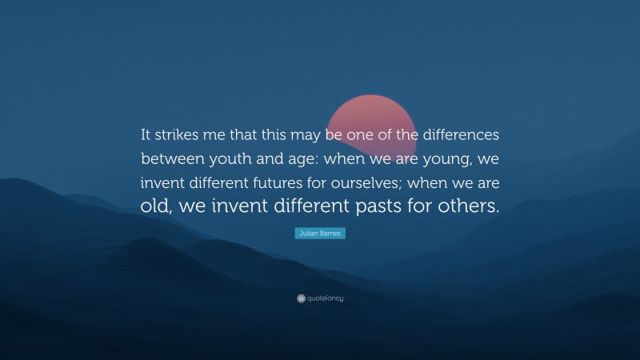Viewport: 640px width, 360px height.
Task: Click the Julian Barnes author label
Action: point(320,233)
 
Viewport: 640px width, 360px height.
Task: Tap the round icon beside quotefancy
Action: point(300,298)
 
